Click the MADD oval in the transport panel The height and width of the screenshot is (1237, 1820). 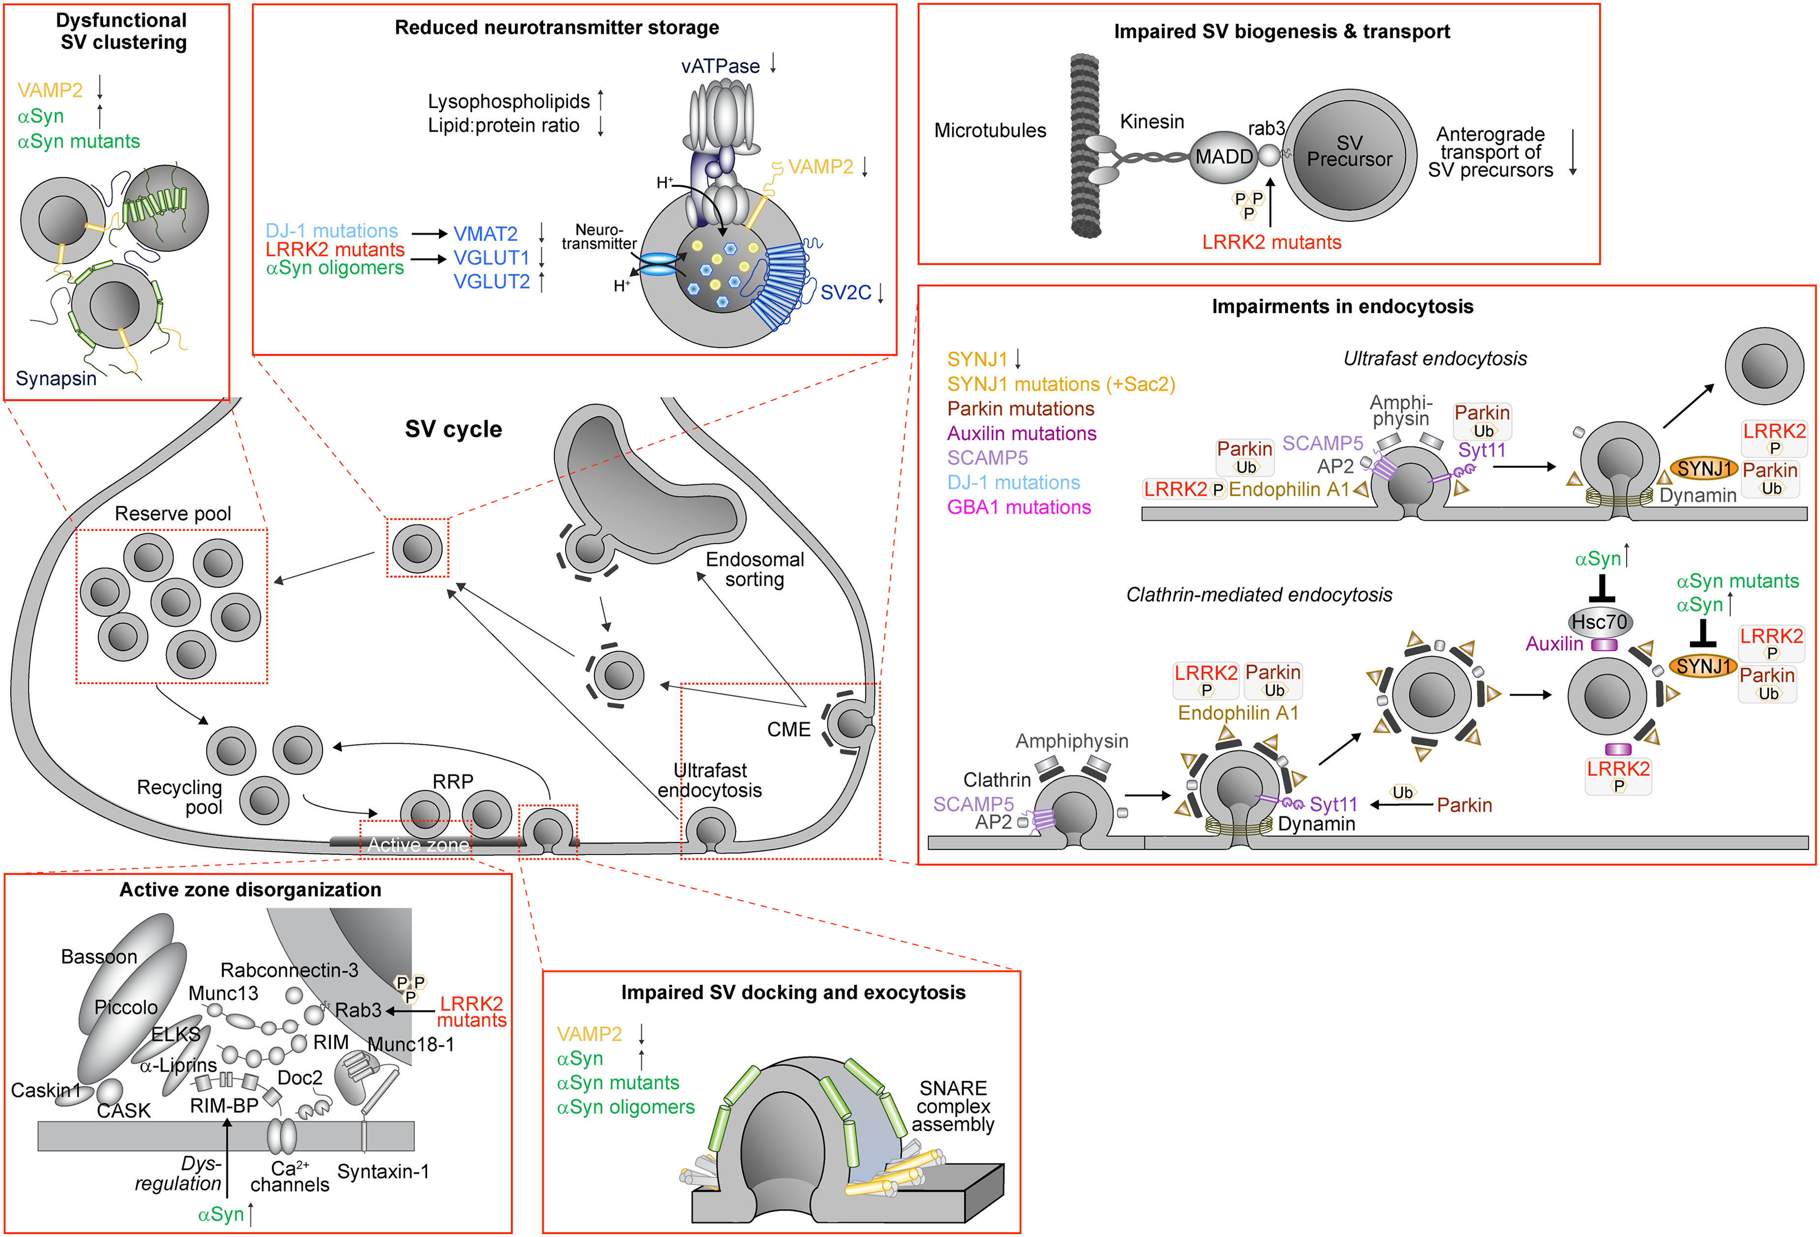tap(1223, 156)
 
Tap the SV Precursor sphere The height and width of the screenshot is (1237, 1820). tap(1349, 154)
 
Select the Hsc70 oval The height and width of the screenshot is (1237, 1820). tap(1600, 622)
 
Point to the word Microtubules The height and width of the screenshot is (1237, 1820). tap(990, 131)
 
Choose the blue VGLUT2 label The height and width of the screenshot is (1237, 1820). tap(492, 281)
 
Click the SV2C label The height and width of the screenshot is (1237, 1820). tap(845, 293)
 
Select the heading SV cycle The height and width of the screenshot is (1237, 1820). tap(454, 429)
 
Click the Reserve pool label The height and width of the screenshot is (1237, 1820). tap(173, 514)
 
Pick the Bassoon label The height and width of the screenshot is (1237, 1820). tap(99, 957)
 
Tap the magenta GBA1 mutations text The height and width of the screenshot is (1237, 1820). tap(1019, 507)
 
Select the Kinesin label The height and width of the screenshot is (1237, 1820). tap(1152, 121)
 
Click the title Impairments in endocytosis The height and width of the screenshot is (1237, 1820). tap(1342, 306)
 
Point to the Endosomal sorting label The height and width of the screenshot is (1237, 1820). tap(755, 569)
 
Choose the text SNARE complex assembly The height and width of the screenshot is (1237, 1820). tap(953, 1106)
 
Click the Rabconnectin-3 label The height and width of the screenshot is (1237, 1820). tap(289, 970)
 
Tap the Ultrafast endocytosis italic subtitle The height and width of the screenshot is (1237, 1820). tap(1435, 358)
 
